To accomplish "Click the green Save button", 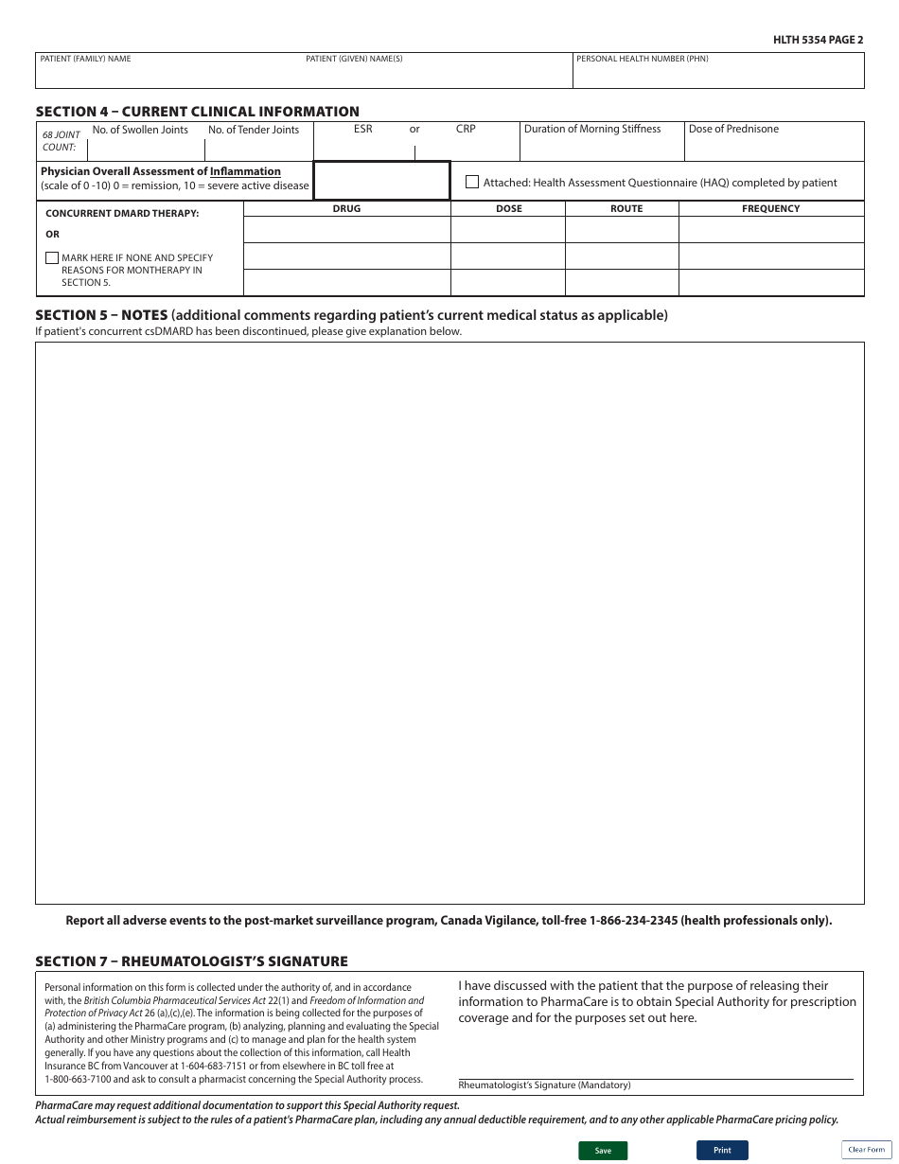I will click(603, 1151).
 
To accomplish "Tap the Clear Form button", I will click(867, 1150).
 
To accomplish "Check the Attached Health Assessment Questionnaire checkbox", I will click(472, 182).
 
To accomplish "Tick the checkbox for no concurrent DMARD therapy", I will click(52, 257).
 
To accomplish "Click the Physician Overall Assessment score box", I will click(381, 181).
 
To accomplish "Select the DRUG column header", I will click(346, 209).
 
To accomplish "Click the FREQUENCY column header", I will click(770, 209).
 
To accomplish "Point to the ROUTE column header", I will click(626, 209).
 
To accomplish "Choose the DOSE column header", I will click(508, 209).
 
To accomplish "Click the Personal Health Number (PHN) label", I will click(642, 59).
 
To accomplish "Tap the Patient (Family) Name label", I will click(85, 59).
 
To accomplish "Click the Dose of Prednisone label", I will click(733, 130).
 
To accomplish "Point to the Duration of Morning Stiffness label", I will click(592, 130).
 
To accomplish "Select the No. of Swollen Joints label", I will click(140, 131).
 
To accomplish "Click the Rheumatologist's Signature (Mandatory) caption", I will click(544, 1085).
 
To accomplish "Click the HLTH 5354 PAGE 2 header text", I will click(819, 40).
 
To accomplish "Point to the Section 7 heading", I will click(191, 961).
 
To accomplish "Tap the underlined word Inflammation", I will click(245, 171).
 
